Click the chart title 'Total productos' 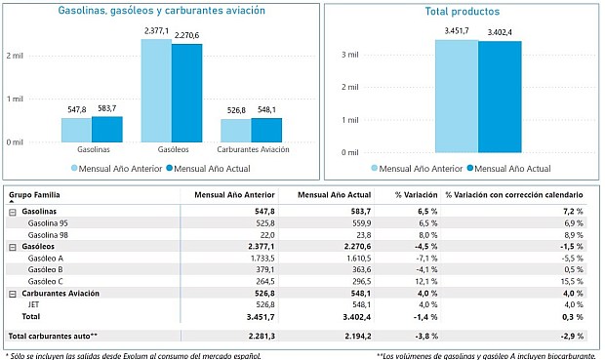463,13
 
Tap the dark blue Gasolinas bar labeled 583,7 106,129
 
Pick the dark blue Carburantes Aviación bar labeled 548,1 265,130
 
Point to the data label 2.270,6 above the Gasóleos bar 187,36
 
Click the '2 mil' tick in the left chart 15,55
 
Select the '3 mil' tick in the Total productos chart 350,54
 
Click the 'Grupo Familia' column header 36,194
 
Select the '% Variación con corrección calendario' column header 514,194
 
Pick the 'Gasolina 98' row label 50,235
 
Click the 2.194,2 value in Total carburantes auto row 353,336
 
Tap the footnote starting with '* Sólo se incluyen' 134,354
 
